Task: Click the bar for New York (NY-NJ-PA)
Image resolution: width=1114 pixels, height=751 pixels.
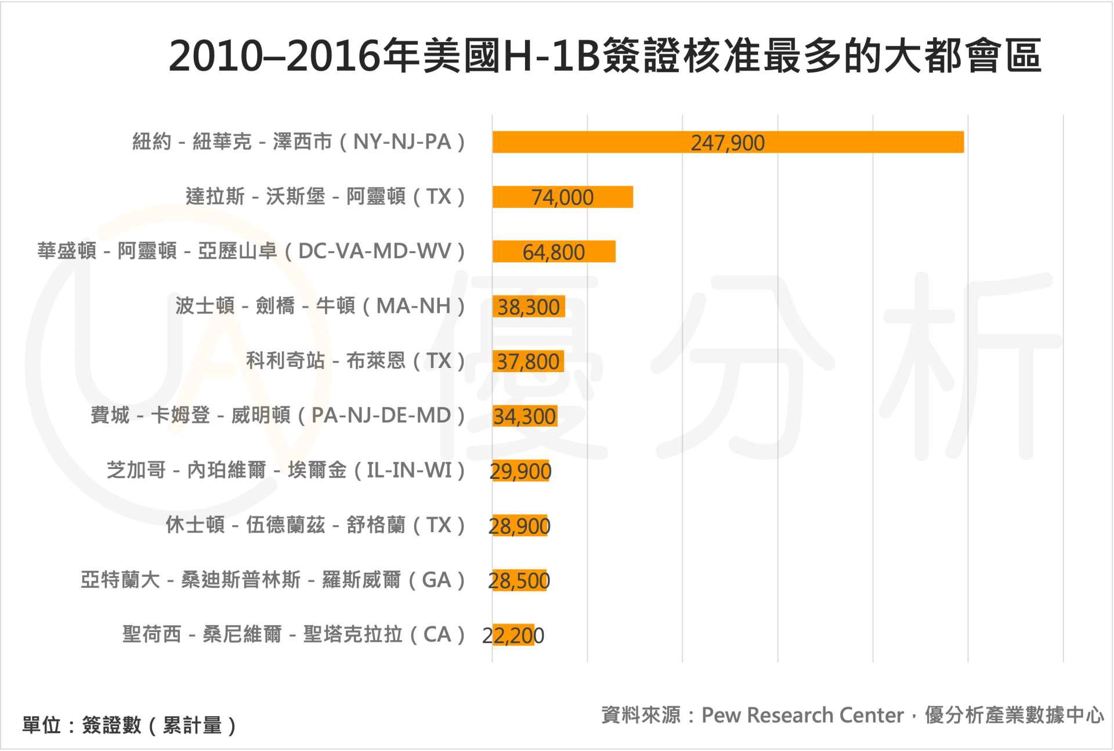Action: (x=580, y=142)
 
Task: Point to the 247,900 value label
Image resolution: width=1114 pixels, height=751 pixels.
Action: (x=728, y=143)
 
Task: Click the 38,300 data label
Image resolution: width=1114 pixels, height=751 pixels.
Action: (x=529, y=307)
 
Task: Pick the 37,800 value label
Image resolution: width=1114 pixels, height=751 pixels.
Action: (x=528, y=362)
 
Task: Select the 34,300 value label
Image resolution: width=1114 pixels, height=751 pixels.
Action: (x=525, y=416)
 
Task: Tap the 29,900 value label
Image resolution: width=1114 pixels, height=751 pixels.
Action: (x=520, y=471)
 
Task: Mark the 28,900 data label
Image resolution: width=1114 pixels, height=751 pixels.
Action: (x=519, y=526)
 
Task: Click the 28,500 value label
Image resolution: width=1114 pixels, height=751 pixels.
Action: (x=519, y=580)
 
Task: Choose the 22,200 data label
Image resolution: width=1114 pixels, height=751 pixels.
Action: (x=513, y=636)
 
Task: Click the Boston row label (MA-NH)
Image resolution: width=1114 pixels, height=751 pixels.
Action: (x=320, y=306)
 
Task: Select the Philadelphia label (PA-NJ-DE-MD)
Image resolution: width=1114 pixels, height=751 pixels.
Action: (x=277, y=416)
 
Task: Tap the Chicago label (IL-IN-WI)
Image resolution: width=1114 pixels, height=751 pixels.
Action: (x=285, y=470)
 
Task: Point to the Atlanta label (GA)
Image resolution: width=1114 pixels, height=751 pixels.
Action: (x=272, y=580)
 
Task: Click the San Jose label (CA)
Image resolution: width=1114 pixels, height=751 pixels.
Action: (x=293, y=634)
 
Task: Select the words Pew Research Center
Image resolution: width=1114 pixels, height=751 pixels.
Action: (x=802, y=715)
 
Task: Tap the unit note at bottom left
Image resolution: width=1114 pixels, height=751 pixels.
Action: (x=129, y=725)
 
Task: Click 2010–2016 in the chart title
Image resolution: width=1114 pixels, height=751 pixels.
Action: (x=274, y=56)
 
